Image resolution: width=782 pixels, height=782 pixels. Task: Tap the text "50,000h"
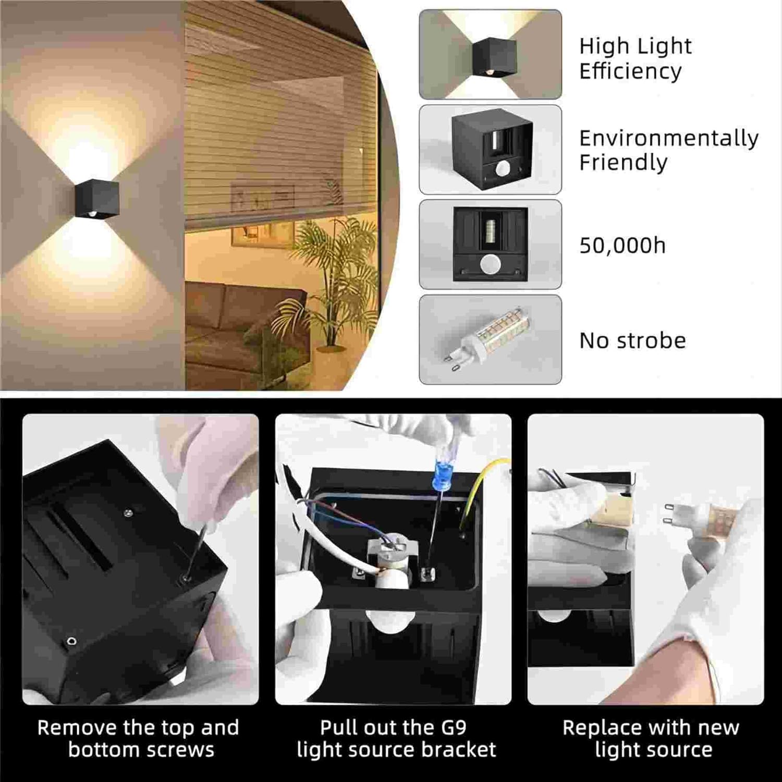pos(622,246)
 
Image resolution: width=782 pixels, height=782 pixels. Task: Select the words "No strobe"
pos(632,340)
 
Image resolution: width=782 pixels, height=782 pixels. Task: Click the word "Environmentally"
pos(669,139)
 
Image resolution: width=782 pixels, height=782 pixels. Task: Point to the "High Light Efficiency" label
pos(636,58)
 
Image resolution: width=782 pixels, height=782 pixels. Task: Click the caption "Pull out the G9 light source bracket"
pos(396,738)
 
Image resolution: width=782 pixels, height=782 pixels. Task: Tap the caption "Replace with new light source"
pos(651,738)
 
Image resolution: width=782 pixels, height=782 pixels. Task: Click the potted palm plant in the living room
pos(328,282)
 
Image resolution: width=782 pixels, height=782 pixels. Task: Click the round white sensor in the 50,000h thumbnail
pos(490,264)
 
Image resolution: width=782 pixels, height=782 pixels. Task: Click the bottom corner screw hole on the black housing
pos(72,641)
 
